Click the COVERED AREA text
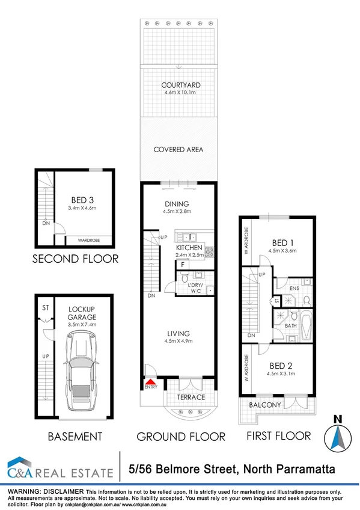pos(178,149)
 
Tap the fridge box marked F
pos(182,264)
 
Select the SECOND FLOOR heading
pos(75,259)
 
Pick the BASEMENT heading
pos(76,436)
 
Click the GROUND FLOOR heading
pos(180,437)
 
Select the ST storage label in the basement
pos(44,307)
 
